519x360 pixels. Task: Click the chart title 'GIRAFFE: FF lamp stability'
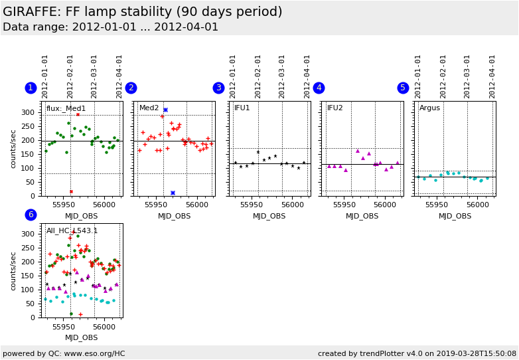[143, 12]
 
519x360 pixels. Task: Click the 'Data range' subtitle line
[110, 27]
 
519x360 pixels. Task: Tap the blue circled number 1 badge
[31, 88]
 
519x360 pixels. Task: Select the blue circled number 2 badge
[131, 88]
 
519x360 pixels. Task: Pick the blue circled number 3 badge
[218, 88]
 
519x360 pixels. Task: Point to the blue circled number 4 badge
[319, 88]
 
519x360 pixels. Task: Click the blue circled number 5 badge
[403, 88]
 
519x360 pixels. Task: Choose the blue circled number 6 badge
[31, 215]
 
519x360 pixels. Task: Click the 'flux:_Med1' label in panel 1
[66, 108]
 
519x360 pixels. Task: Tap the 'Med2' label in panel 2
[149, 108]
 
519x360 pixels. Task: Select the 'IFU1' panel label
[242, 108]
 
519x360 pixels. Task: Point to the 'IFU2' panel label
[335, 108]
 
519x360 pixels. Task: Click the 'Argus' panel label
[429, 108]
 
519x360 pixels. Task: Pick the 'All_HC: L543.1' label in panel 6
[72, 231]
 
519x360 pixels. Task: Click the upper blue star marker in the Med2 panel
[165, 110]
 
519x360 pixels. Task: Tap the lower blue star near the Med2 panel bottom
[173, 193]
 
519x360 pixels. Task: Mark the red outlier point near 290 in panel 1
[78, 114]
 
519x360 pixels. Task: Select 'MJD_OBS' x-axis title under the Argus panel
[455, 216]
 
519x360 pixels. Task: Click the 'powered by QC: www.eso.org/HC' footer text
[64, 353]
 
